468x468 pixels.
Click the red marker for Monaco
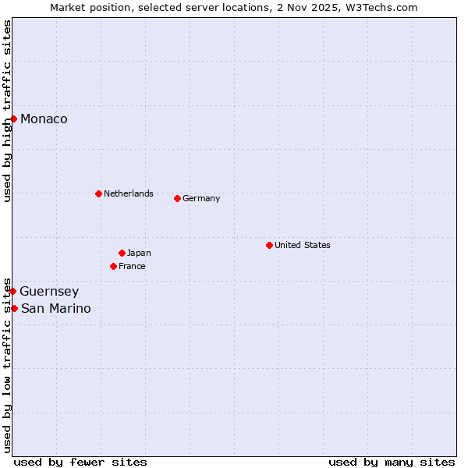(14, 119)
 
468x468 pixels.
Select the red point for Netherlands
(98, 193)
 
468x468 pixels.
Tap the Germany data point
(177, 198)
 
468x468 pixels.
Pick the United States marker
(269, 245)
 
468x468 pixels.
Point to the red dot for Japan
(122, 253)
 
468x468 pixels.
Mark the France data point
(113, 266)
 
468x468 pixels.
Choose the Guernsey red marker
(13, 291)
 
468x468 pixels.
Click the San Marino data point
(14, 308)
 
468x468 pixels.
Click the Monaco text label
(44, 119)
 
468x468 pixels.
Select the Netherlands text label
(129, 193)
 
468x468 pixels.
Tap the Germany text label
(201, 198)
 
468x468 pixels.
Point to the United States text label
(303, 245)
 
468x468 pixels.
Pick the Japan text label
(139, 253)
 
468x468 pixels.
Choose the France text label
(132, 266)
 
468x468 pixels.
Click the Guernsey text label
(49, 291)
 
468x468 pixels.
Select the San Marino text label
(55, 308)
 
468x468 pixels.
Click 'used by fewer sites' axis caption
(80, 462)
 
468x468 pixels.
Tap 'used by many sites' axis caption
(392, 462)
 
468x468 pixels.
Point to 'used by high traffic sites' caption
(7, 111)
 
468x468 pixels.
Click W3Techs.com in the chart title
(381, 7)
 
